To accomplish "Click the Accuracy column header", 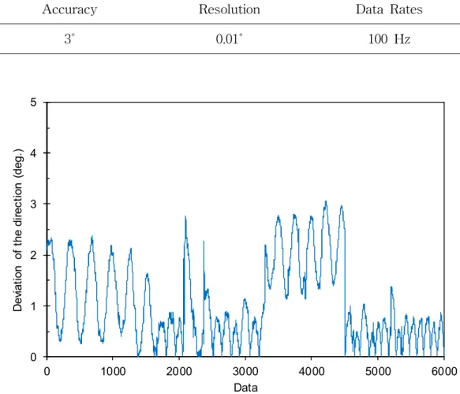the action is click(x=69, y=9).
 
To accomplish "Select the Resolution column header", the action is click(x=230, y=9).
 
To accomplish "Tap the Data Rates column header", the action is click(x=389, y=9).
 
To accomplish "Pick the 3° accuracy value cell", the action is click(x=69, y=39).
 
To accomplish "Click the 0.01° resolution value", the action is click(x=229, y=39).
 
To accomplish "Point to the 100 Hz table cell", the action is click(x=389, y=39).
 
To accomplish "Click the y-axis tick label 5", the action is click(x=33, y=103).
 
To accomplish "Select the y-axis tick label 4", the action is click(x=33, y=153).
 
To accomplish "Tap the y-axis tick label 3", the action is click(x=33, y=204).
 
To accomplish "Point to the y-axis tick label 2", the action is click(x=33, y=255).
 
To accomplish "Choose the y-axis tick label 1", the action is click(x=33, y=306).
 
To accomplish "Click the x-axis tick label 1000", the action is click(x=113, y=372).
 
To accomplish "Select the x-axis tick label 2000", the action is click(x=179, y=372).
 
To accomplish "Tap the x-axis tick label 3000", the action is click(x=245, y=372).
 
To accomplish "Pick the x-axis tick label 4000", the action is click(x=312, y=372).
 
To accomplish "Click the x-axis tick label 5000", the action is click(x=378, y=372).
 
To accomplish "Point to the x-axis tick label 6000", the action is click(x=444, y=372).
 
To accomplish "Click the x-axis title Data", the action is click(x=246, y=388).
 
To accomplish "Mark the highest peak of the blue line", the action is click(x=326, y=201).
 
